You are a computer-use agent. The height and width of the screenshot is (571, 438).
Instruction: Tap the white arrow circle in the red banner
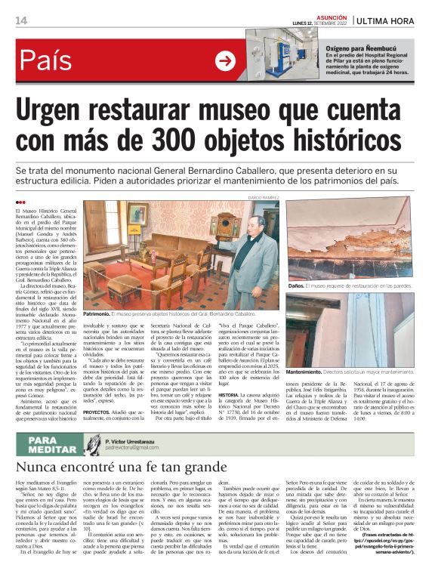225,60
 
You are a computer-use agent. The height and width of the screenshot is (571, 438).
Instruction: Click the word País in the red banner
50,60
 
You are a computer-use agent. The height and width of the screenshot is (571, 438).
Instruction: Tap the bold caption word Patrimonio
97,313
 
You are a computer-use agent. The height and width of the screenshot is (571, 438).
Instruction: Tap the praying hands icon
94,445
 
